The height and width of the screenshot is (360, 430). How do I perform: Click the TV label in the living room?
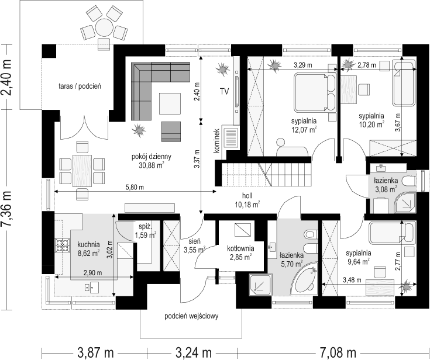click(224, 92)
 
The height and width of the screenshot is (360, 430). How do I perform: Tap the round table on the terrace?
click(104, 27)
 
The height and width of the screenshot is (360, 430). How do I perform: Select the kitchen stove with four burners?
click(62, 245)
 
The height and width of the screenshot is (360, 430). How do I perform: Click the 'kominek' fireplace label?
click(218, 140)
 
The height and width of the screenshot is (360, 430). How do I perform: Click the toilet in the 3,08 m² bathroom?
click(409, 181)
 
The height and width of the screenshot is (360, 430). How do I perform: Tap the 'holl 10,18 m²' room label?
click(247, 200)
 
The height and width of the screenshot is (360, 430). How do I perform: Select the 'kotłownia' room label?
click(240, 248)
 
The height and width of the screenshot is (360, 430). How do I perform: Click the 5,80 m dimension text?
click(135, 188)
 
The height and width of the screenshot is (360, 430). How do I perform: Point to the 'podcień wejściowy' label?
click(191, 316)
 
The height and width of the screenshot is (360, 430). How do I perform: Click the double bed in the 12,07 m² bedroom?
click(315, 92)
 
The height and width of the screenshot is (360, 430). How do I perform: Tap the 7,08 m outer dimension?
click(338, 352)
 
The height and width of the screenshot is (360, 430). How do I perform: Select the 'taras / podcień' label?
click(80, 86)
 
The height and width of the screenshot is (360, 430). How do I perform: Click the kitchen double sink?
click(92, 287)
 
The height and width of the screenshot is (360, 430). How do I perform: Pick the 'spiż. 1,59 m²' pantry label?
click(146, 231)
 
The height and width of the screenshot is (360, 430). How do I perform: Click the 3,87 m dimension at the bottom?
click(95, 352)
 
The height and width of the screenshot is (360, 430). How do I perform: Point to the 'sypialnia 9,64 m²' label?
click(359, 257)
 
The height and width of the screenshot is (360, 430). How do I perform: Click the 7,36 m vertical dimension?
click(7, 209)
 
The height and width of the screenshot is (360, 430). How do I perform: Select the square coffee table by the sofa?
click(170, 104)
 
